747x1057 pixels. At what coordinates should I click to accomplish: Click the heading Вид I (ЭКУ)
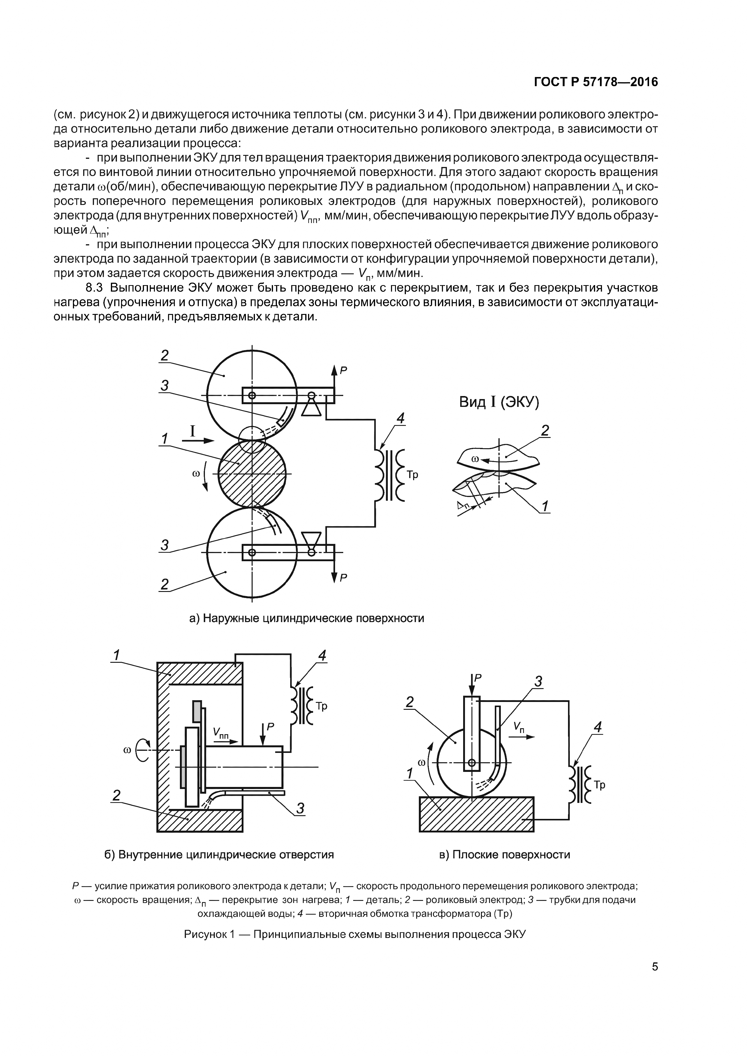(499, 402)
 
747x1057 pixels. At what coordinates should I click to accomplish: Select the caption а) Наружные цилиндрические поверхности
(306, 618)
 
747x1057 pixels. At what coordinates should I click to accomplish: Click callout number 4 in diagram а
(400, 418)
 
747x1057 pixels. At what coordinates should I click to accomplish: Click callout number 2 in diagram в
(409, 702)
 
